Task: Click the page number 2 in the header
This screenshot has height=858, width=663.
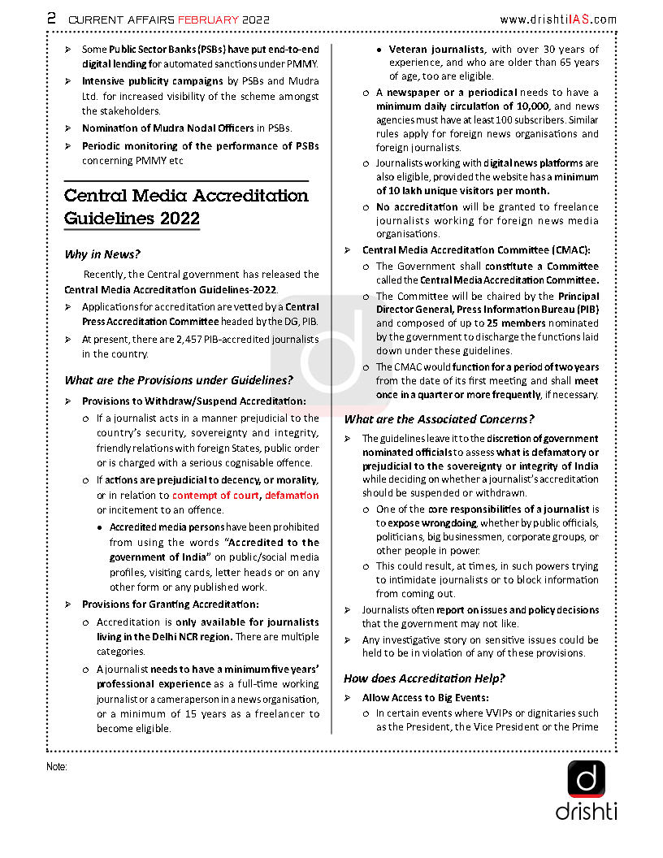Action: (51, 19)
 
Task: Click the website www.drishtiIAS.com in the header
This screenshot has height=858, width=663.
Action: (557, 19)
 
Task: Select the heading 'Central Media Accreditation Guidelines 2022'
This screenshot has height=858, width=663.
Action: (186, 207)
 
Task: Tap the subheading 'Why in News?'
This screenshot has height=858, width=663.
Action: (102, 254)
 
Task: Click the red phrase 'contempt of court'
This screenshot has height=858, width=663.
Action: (215, 495)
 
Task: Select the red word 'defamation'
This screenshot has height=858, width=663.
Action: (292, 495)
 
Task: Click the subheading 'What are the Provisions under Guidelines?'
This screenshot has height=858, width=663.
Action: (179, 380)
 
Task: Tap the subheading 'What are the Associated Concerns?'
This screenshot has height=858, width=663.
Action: (439, 419)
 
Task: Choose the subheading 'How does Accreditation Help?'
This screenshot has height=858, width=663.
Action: (424, 678)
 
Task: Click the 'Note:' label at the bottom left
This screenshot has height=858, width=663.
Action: (57, 766)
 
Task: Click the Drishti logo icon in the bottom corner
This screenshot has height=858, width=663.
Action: (586, 779)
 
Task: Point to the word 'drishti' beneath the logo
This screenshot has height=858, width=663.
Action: (587, 811)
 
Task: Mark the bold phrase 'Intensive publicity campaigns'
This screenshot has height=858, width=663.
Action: (152, 81)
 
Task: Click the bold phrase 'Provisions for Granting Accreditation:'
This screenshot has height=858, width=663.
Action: (171, 604)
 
